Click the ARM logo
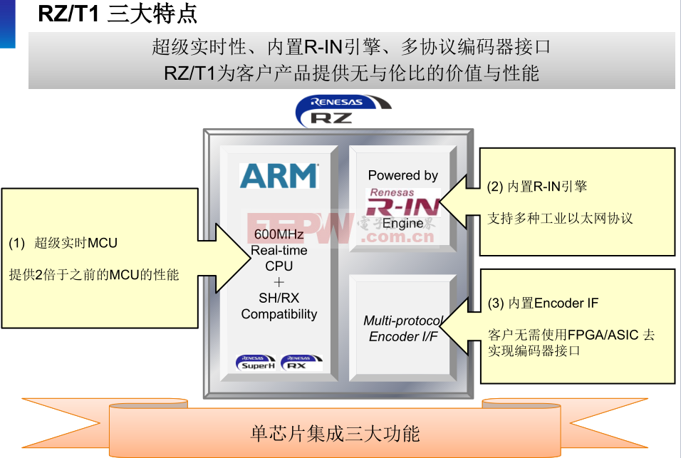pyautogui.click(x=279, y=176)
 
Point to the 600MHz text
pyautogui.click(x=279, y=235)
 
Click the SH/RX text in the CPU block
pyautogui.click(x=279, y=298)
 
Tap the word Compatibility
pyautogui.click(x=279, y=314)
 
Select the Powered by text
pyautogui.click(x=403, y=175)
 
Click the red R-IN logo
pyautogui.click(x=403, y=205)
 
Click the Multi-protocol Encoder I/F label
pyautogui.click(x=403, y=328)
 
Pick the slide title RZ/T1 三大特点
pyautogui.click(x=118, y=14)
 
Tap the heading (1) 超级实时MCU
pyautogui.click(x=63, y=243)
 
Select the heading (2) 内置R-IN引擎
pyautogui.click(x=537, y=187)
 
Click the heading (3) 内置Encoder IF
pyautogui.click(x=543, y=303)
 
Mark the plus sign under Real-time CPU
pyautogui.click(x=279, y=282)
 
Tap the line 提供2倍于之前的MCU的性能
pyautogui.click(x=94, y=274)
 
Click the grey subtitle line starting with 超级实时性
pyautogui.click(x=351, y=48)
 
